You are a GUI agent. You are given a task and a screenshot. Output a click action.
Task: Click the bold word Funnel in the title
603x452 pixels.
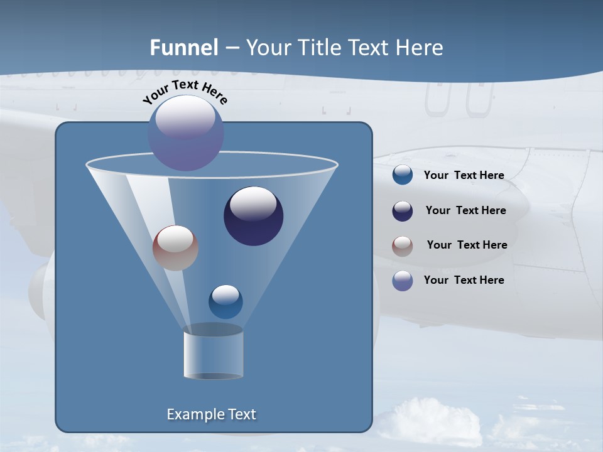click(x=183, y=48)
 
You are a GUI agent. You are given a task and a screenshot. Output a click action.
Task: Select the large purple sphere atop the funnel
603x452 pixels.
click(x=186, y=133)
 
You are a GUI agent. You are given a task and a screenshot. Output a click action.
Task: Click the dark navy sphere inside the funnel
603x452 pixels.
click(x=253, y=216)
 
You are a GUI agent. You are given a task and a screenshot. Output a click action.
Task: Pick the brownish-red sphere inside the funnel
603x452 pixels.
click(x=175, y=248)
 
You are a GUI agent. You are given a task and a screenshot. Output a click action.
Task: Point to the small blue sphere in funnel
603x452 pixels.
click(x=225, y=302)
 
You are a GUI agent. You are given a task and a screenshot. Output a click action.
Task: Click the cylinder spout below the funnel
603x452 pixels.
click(x=213, y=355)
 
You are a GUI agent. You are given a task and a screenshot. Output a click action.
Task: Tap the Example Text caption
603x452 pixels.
click(x=211, y=414)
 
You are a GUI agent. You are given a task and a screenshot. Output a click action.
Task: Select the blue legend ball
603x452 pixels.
click(x=403, y=175)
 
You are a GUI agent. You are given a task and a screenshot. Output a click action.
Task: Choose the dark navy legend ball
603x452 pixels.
click(x=403, y=211)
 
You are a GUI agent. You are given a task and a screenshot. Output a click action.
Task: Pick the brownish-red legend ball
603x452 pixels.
click(x=403, y=246)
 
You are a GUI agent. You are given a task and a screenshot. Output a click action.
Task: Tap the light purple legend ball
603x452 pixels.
click(x=403, y=281)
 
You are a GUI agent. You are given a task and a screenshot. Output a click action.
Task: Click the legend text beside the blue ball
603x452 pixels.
click(x=464, y=176)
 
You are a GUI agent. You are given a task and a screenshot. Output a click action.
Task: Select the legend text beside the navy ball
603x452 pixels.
click(x=465, y=211)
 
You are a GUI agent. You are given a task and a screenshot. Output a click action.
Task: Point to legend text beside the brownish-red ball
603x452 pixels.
click(x=467, y=245)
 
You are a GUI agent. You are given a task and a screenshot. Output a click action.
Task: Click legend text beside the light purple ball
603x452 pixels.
click(x=464, y=280)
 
